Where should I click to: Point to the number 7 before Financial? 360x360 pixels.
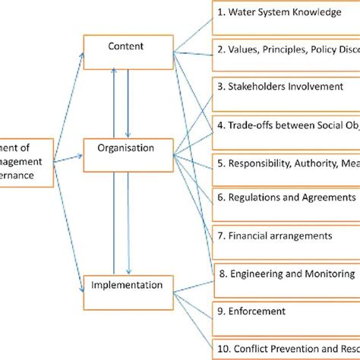pyautogui.click(x=219, y=235)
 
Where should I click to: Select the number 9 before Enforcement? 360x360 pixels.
pyautogui.click(x=220, y=311)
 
